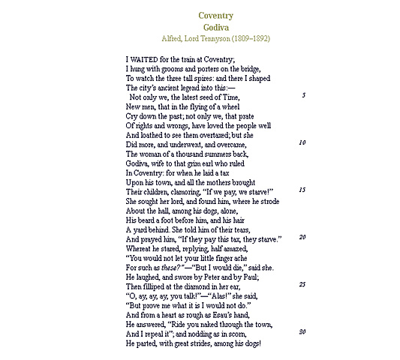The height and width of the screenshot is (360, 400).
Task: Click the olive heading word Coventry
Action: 216,16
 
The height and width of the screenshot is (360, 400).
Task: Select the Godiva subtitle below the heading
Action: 216,27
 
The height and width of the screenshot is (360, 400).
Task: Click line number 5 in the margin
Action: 304,96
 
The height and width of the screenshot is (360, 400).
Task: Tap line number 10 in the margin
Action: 302,142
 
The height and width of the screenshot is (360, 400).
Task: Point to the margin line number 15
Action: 302,190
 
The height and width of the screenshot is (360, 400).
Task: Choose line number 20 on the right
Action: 302,237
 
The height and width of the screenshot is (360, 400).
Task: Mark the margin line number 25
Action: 302,284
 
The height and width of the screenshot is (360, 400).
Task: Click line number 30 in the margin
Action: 302,331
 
